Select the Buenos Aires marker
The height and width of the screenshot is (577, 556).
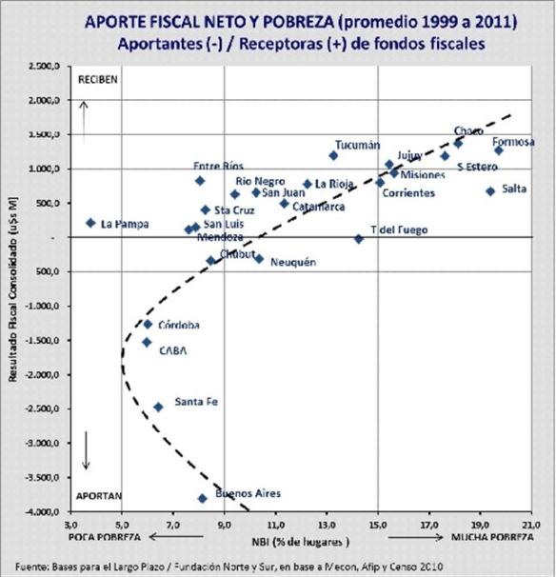click(202, 498)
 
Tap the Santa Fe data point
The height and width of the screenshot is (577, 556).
click(158, 407)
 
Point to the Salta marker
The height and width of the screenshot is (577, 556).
click(490, 191)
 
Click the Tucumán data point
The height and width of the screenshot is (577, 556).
click(333, 155)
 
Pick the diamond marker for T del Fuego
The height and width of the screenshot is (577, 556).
click(359, 238)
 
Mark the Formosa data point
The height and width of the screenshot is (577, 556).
click(498, 150)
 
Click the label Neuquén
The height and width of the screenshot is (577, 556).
click(292, 262)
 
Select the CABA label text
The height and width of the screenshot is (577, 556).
click(172, 350)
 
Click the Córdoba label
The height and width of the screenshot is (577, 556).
click(179, 325)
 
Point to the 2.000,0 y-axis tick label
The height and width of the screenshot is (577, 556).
click(45, 100)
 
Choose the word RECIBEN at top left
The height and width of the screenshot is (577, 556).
click(99, 80)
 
